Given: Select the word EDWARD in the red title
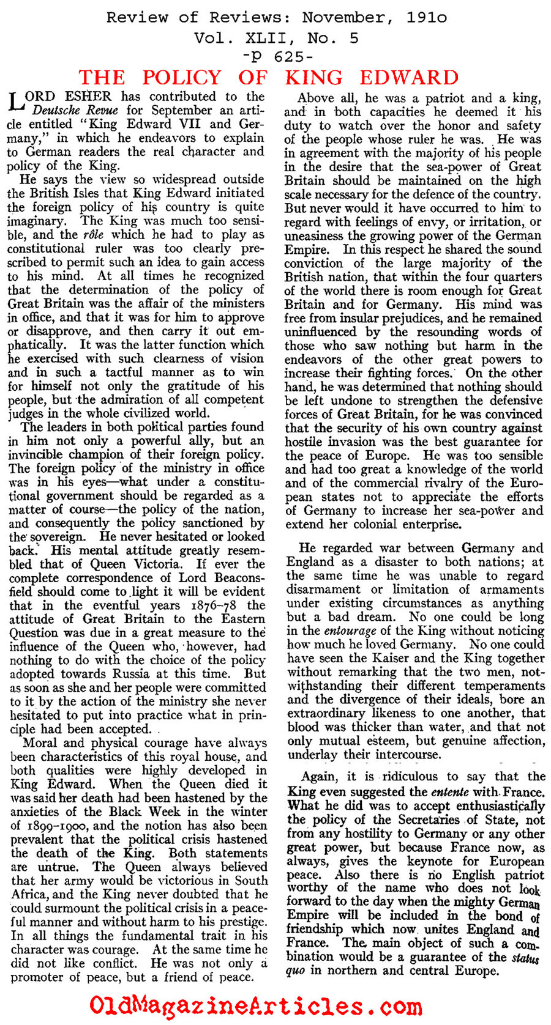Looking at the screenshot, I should point(409,78).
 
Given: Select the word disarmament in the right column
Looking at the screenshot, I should point(323,590).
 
